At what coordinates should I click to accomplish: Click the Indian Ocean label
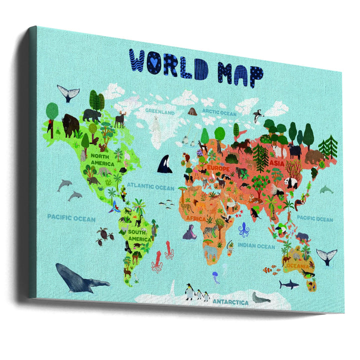point(256,246)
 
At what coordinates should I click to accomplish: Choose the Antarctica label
point(230,302)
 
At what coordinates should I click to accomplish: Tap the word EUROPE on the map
point(218,169)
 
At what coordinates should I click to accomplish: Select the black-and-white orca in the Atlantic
point(164,164)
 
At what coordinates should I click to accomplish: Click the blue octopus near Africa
point(243,230)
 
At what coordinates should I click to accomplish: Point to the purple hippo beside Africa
point(188,232)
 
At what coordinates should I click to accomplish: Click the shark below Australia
point(288,284)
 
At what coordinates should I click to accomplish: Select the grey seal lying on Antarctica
point(260,297)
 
